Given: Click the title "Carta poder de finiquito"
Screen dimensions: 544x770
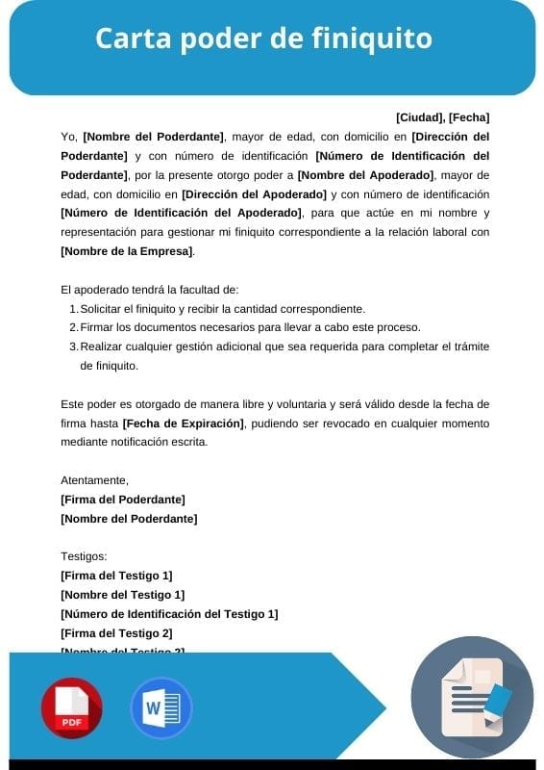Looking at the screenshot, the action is [x=263, y=39].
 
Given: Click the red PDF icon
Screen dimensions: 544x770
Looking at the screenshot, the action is [x=71, y=708].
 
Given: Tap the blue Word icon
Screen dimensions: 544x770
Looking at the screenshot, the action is [x=161, y=708].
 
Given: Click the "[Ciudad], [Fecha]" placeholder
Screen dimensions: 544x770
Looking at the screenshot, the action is [x=442, y=117].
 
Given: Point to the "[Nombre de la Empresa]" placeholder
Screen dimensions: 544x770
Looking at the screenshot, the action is [x=127, y=251].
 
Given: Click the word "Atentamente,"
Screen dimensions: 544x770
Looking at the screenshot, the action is [x=94, y=480].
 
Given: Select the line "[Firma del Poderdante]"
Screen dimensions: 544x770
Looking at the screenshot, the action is [x=123, y=500].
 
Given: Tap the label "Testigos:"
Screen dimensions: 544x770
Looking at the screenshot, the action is [x=84, y=556].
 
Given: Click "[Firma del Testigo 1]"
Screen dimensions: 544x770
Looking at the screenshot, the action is [x=116, y=576].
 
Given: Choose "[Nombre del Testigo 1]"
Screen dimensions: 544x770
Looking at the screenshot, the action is [x=122, y=595].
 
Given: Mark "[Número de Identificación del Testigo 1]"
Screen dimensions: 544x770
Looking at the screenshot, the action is [x=169, y=614].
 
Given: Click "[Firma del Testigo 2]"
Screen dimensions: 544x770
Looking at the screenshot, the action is [x=116, y=633].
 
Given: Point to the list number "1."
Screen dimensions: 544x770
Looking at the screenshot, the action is [x=74, y=309].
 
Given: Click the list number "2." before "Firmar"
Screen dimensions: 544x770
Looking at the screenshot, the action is [x=74, y=327].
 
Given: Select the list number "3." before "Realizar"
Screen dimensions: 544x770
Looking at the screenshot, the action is [x=74, y=346].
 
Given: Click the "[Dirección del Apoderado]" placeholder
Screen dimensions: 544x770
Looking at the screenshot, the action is [x=254, y=193].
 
